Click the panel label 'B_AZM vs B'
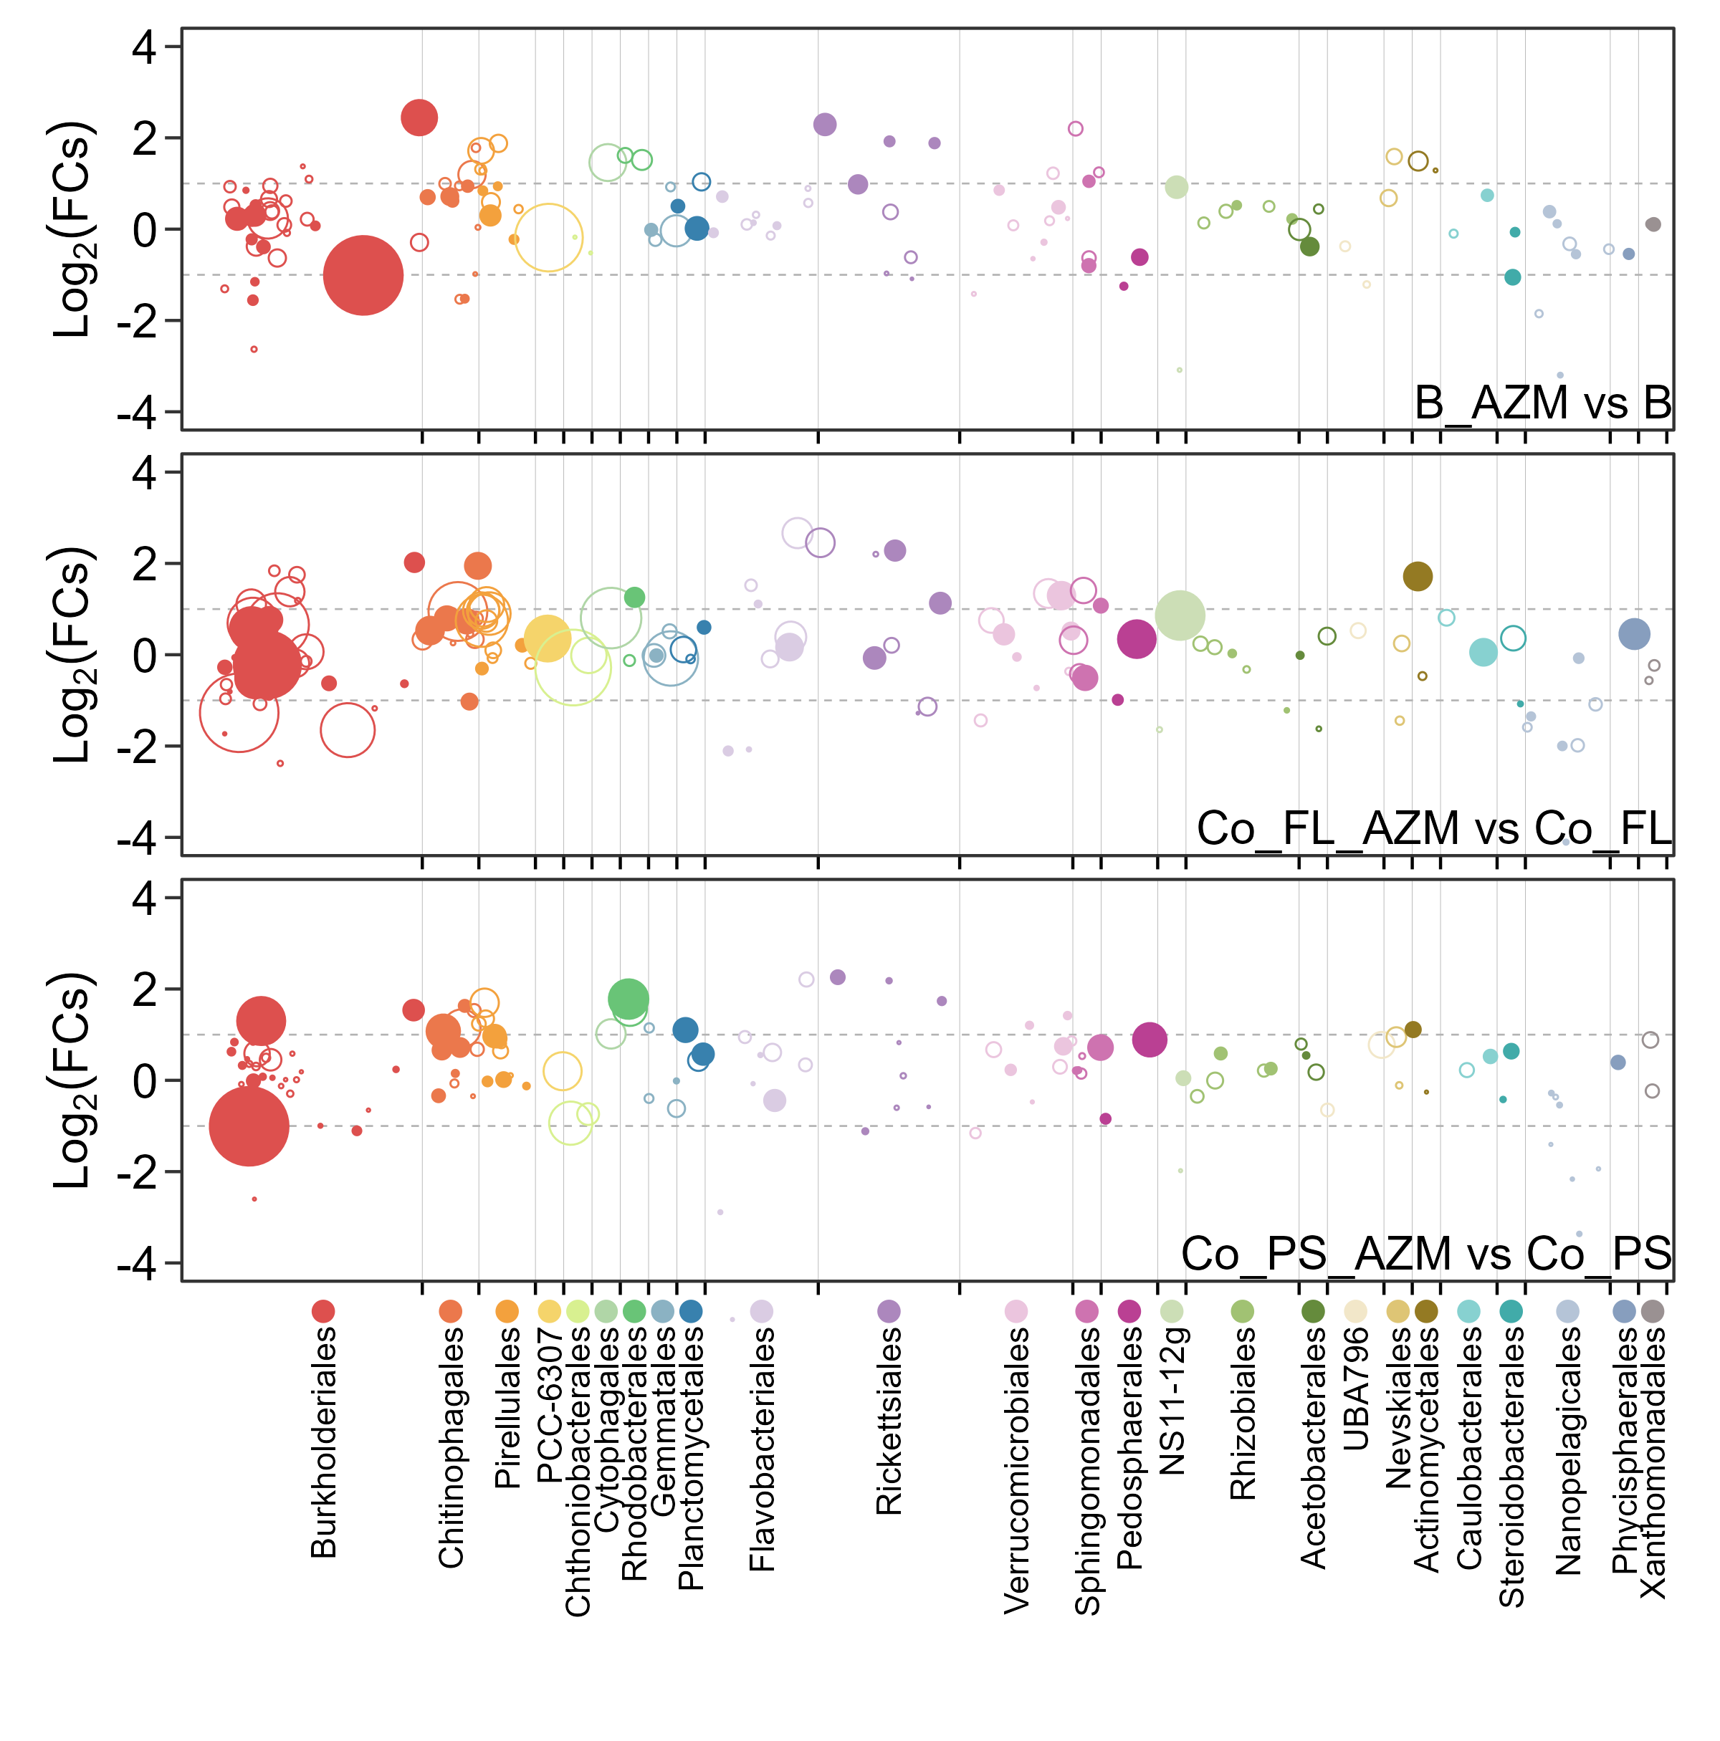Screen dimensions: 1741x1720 tap(1542, 402)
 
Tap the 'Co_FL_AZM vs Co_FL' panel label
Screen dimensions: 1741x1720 tap(1433, 828)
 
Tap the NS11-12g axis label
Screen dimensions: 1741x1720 tap(1172, 1401)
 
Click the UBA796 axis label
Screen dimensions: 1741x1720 tap(1356, 1388)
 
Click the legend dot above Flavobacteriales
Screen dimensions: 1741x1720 tap(762, 1311)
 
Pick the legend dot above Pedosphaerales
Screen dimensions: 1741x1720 tap(1129, 1311)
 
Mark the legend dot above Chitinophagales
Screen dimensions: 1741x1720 tap(450, 1311)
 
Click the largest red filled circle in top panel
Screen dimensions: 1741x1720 tap(363, 276)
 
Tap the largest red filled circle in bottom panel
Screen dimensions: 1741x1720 tap(249, 1126)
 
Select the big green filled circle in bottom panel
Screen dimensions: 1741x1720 tap(629, 997)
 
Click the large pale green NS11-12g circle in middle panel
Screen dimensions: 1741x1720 tap(1179, 615)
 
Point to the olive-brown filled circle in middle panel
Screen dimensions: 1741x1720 tap(1418, 577)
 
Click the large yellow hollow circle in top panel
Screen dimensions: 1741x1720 tap(548, 238)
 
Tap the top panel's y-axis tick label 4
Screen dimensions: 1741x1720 tap(144, 47)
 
